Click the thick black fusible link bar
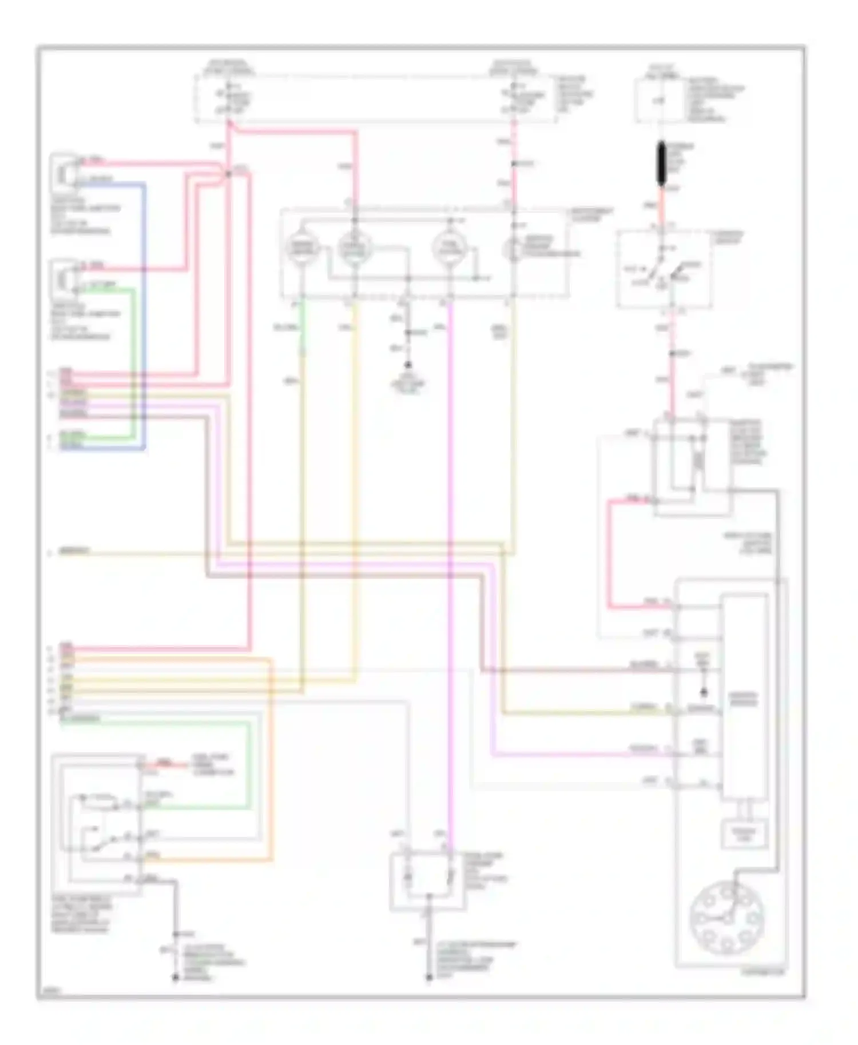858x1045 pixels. (661, 163)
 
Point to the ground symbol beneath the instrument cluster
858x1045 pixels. (408, 365)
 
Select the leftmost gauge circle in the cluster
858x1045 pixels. (302, 248)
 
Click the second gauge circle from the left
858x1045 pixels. (355, 248)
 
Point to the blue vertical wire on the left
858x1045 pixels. (144, 314)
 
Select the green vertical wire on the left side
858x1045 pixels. (135, 360)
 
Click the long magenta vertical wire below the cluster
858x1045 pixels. (451, 572)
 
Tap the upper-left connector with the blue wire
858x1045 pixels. (64, 170)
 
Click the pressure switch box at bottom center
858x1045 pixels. (428, 880)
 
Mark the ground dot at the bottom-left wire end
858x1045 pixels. (175, 979)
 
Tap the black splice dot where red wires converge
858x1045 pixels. (228, 173)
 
